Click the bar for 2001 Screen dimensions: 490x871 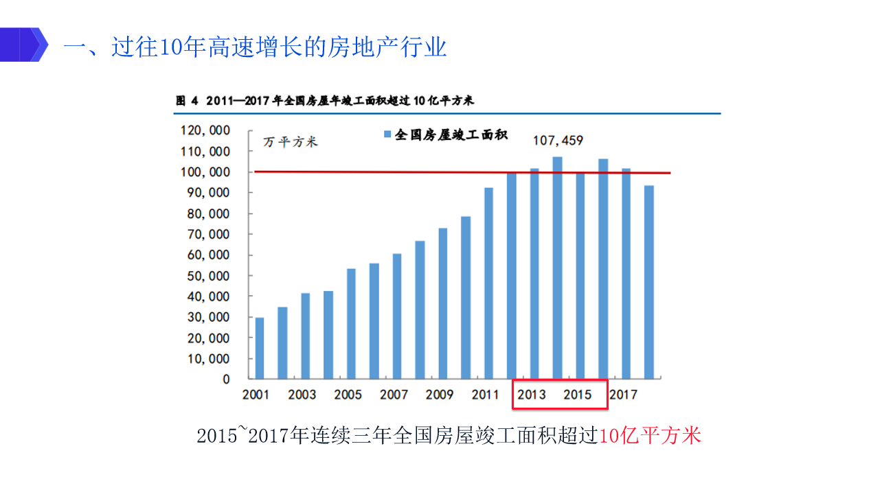coord(259,348)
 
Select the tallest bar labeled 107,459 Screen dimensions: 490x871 coord(557,268)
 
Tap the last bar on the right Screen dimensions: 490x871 coord(648,282)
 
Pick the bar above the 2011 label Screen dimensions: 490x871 coord(488,283)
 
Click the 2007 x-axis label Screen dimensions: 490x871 coord(394,395)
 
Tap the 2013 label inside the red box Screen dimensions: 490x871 coord(532,395)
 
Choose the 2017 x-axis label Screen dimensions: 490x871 coord(624,395)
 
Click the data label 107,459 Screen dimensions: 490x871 coord(558,141)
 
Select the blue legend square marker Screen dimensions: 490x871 coord(388,135)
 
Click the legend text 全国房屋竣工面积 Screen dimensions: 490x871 coord(451,135)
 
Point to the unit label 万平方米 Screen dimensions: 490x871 coord(291,142)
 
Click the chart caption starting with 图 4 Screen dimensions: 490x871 coord(325,101)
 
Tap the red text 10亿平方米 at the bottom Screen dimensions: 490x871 coord(651,436)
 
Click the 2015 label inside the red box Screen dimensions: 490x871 coord(578,395)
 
